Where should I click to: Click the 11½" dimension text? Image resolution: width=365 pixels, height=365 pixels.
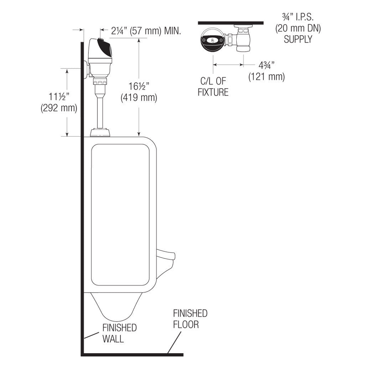(59, 97)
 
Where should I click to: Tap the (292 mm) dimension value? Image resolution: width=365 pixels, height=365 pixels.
(59, 108)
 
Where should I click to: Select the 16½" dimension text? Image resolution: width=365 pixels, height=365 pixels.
(139, 86)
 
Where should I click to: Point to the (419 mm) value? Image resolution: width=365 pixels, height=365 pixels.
(139, 98)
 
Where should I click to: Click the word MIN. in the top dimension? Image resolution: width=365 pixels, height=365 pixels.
(173, 31)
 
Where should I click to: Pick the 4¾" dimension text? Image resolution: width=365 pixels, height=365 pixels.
(267, 66)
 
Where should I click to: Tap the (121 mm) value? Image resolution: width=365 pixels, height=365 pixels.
(267, 77)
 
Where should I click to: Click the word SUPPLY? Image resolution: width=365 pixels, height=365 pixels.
(298, 39)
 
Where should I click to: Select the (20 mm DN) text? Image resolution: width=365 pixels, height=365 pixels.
(298, 29)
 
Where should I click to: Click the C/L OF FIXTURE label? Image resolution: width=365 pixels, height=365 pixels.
(213, 87)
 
